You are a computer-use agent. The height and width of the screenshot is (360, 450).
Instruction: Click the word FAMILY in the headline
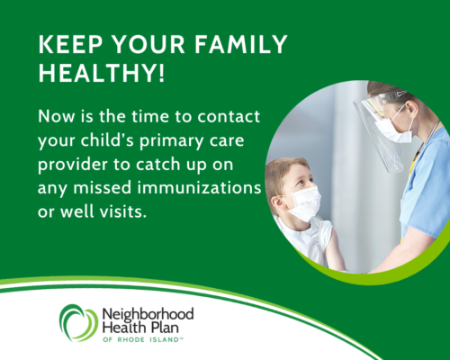tap(241, 44)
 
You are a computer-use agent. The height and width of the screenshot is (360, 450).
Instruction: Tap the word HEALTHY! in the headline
tap(102, 73)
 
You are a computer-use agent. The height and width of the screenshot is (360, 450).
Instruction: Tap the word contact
tap(229, 116)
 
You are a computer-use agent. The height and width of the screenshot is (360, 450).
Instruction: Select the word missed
tap(103, 188)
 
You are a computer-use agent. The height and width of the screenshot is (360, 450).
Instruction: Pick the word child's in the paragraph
tap(107, 139)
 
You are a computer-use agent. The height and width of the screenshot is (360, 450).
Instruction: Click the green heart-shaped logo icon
tap(78, 323)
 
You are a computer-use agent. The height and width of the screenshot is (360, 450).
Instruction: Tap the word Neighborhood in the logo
tap(148, 315)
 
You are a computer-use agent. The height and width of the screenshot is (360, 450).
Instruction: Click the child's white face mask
tap(303, 202)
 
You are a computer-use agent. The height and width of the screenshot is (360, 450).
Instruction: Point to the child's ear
tap(277, 203)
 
